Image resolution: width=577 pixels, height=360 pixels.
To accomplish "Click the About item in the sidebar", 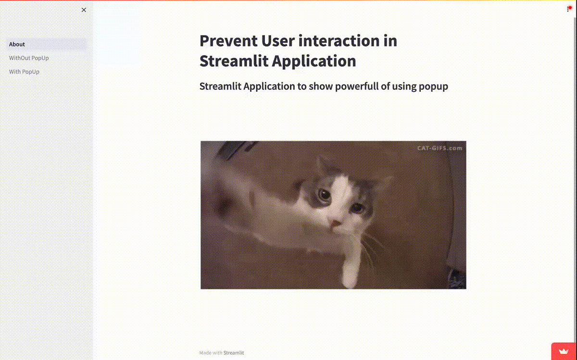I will [x=17, y=44].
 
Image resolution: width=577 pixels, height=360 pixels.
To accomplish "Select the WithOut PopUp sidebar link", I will [x=29, y=58].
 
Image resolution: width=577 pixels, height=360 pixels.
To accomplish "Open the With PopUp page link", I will [x=24, y=72].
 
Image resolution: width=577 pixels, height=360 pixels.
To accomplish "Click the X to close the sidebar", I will [x=84, y=10].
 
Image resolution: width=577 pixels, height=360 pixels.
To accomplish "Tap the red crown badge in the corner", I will [x=564, y=351].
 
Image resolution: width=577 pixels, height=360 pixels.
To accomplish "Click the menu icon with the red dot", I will [x=569, y=9].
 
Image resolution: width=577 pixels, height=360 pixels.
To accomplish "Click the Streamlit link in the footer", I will [x=234, y=353].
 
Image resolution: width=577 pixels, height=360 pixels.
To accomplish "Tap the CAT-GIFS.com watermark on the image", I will [x=439, y=148].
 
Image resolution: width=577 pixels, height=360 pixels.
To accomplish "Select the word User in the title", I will [x=278, y=41].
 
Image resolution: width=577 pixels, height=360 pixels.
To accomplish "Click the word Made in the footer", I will [x=205, y=353].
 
